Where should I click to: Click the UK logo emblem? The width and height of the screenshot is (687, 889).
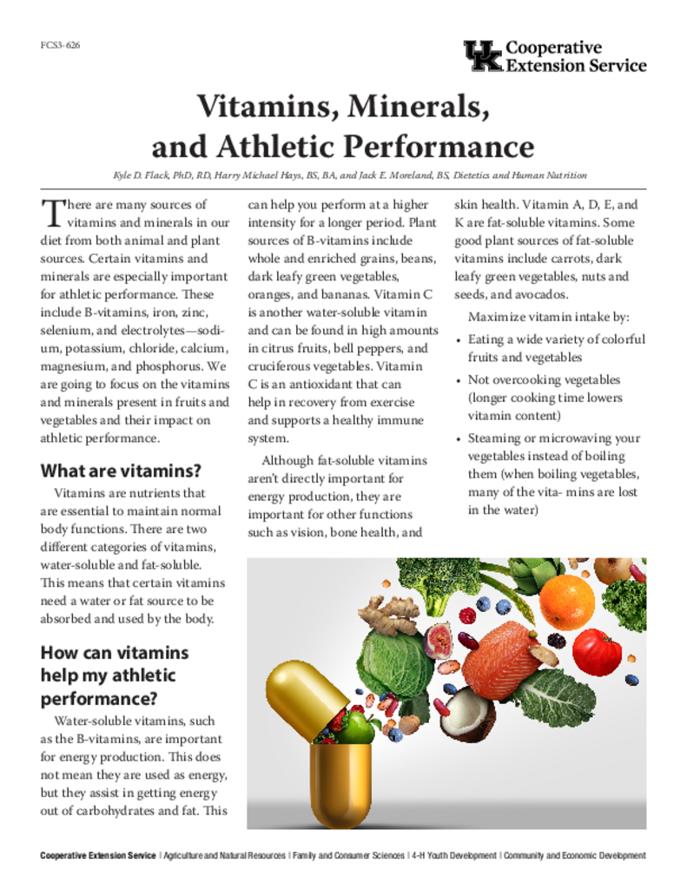point(482,55)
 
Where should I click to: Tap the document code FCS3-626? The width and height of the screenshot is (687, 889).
point(60,45)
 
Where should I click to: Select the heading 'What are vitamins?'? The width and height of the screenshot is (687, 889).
point(121,471)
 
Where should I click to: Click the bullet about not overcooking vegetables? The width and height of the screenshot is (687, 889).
point(545,398)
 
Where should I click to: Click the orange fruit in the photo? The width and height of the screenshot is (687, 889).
point(567,601)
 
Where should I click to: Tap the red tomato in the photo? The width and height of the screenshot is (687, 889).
point(598,652)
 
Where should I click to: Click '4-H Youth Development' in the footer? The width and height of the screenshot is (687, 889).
point(454,856)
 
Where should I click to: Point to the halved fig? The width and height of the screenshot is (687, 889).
point(439,641)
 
